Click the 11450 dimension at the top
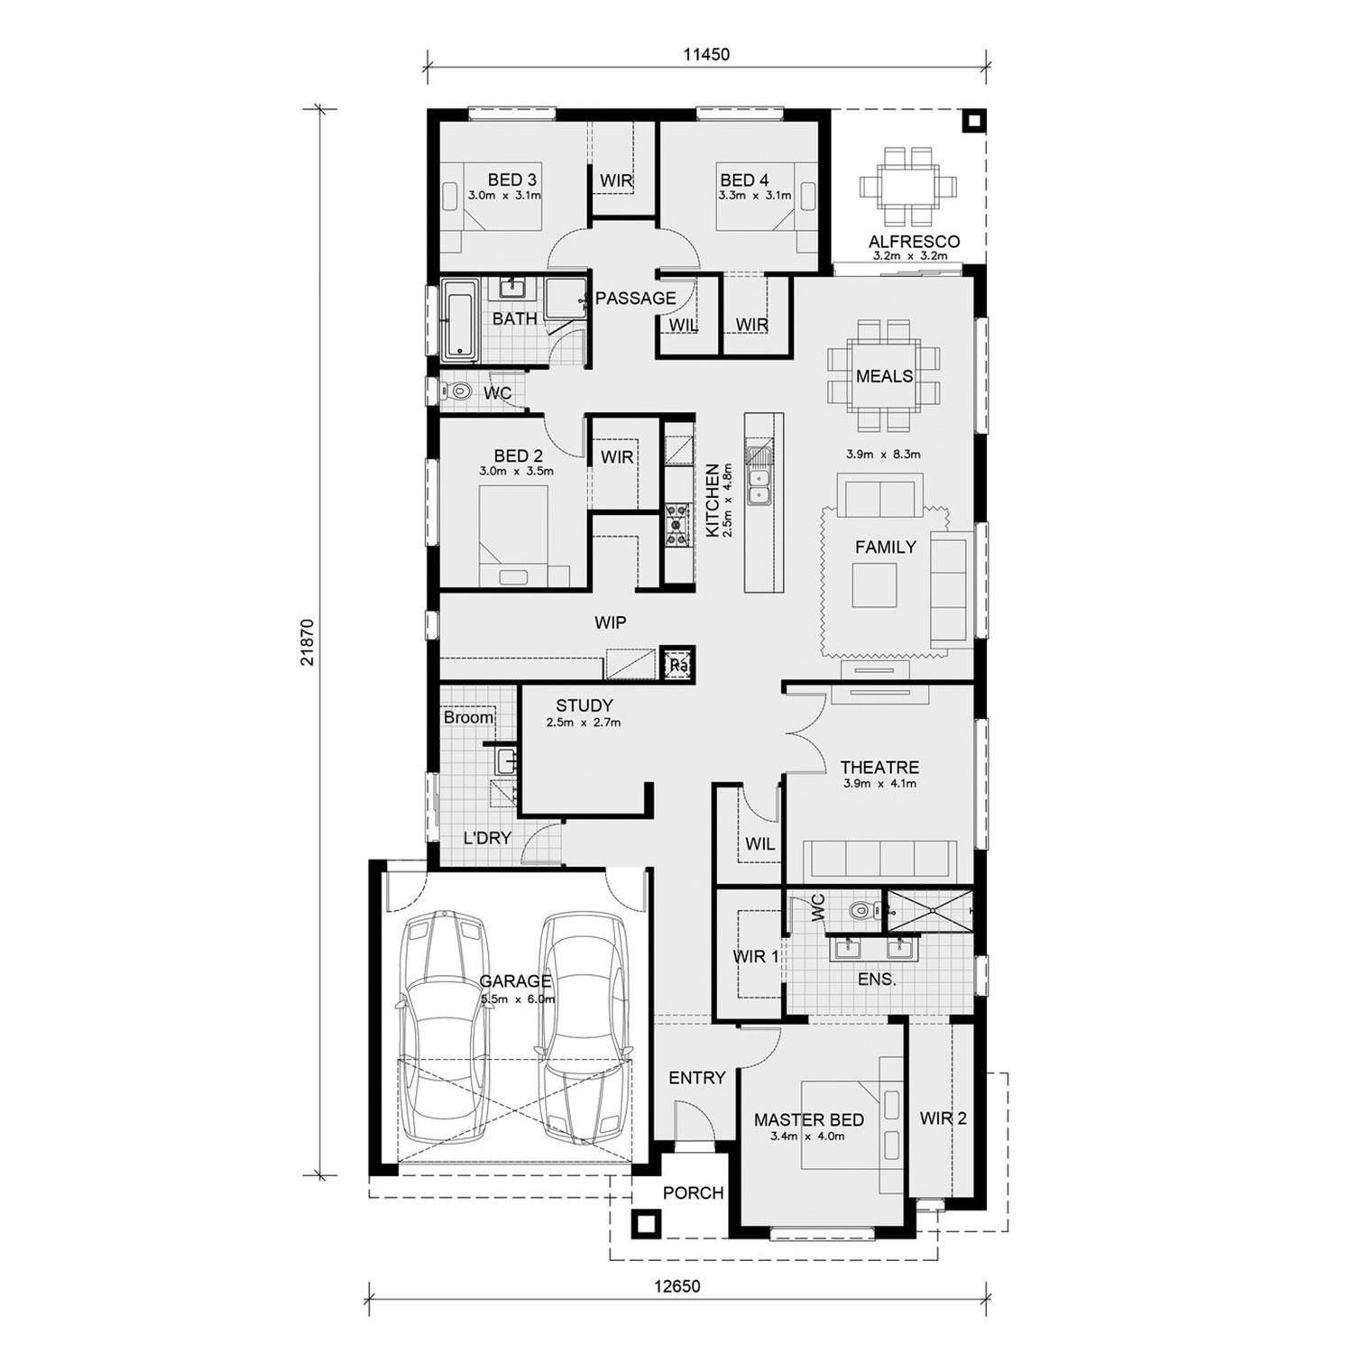pos(705,54)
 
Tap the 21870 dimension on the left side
pos(308,641)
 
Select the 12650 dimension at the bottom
pos(676,1287)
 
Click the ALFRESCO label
pos(914,242)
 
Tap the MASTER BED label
pos(808,1119)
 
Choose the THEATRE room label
pos(879,768)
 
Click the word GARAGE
pos(515,981)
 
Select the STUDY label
pos(584,705)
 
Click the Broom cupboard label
pos(469,718)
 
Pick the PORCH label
pos(693,1193)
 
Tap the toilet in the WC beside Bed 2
pos(457,392)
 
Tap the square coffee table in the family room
pos(875,584)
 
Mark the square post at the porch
pos(645,1223)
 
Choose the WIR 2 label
pos(943,1118)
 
